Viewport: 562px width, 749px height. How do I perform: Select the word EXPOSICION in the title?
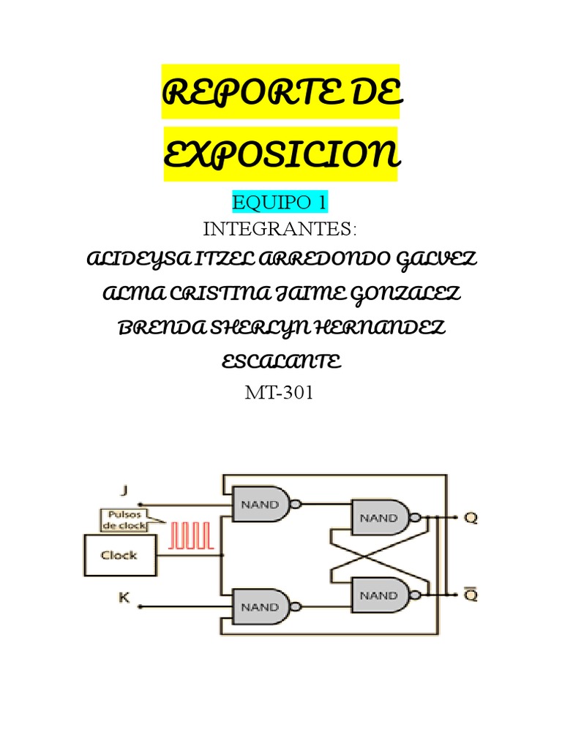(281, 155)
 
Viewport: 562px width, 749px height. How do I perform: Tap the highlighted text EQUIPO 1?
(281, 203)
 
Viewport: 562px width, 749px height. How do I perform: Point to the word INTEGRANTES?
(280, 230)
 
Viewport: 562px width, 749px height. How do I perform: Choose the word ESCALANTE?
(281, 362)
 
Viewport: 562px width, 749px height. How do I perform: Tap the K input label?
(124, 598)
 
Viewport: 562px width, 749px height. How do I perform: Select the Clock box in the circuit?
(119, 555)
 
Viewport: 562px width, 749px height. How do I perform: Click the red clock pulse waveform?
(192, 536)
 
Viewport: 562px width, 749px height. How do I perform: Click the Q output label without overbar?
(471, 518)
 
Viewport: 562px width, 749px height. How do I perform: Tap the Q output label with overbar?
(471, 595)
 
